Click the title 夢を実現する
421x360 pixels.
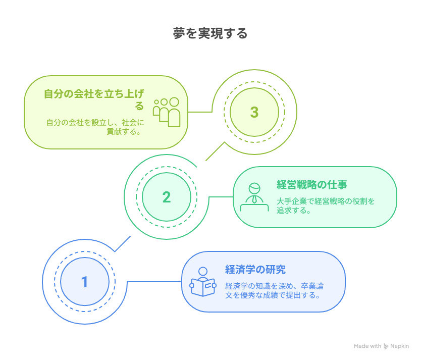click(x=210, y=33)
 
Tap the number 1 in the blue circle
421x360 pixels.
click(x=85, y=282)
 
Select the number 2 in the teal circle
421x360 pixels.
click(x=167, y=197)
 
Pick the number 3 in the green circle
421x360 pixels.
click(x=254, y=112)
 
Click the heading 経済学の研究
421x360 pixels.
click(x=255, y=270)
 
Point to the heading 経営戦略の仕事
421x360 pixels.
click(x=312, y=185)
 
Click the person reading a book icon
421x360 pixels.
click(x=203, y=282)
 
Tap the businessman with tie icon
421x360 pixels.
click(x=254, y=197)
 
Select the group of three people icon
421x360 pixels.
click(x=167, y=112)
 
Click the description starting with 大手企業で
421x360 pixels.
click(x=326, y=205)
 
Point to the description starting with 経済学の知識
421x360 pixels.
click(x=274, y=290)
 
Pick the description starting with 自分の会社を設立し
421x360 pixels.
click(x=95, y=127)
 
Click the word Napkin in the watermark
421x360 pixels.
click(x=399, y=346)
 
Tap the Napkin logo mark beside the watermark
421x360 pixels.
click(x=386, y=346)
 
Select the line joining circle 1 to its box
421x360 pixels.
click(x=154, y=282)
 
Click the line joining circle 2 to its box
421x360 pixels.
click(x=221, y=197)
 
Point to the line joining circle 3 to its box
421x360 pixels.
click(x=200, y=112)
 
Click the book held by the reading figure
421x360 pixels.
click(x=203, y=287)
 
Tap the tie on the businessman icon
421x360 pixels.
click(x=254, y=199)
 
